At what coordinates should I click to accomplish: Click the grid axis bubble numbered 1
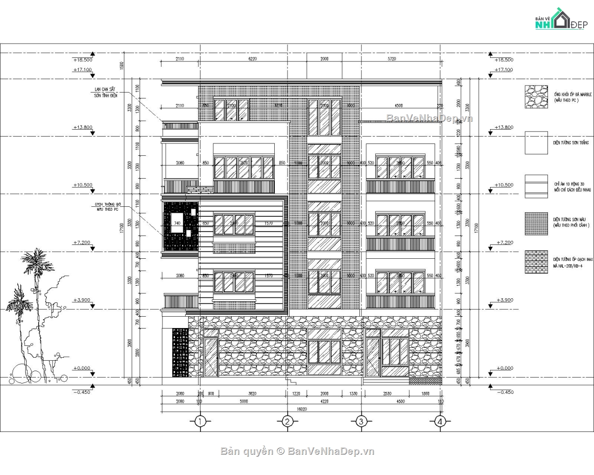199,421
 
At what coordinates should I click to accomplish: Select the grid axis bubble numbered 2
287,421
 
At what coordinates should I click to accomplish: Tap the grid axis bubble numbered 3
361,421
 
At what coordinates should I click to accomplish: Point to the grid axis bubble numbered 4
440,421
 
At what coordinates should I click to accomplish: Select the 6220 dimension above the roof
252,59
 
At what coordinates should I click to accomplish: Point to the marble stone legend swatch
537,96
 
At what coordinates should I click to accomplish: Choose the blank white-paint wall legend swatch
537,142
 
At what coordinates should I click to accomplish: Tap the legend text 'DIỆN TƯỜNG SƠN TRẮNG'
571,142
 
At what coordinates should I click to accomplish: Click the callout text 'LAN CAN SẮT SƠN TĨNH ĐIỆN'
106,93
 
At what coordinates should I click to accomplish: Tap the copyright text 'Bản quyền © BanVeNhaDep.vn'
297,451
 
